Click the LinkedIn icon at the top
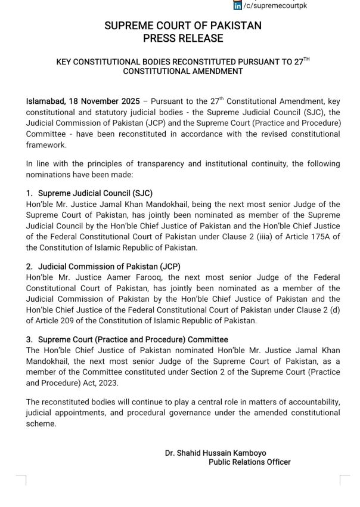[x=237, y=5]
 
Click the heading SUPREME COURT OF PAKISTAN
[x=183, y=26]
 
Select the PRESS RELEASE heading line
[x=183, y=38]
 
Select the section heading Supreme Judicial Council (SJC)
[x=93, y=193]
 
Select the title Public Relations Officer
[x=250, y=462]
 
